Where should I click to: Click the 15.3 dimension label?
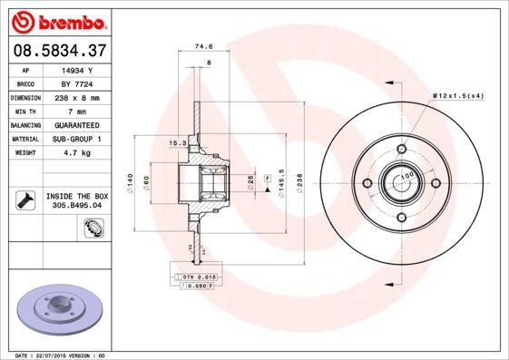178,142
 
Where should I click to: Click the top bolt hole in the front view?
400,150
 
